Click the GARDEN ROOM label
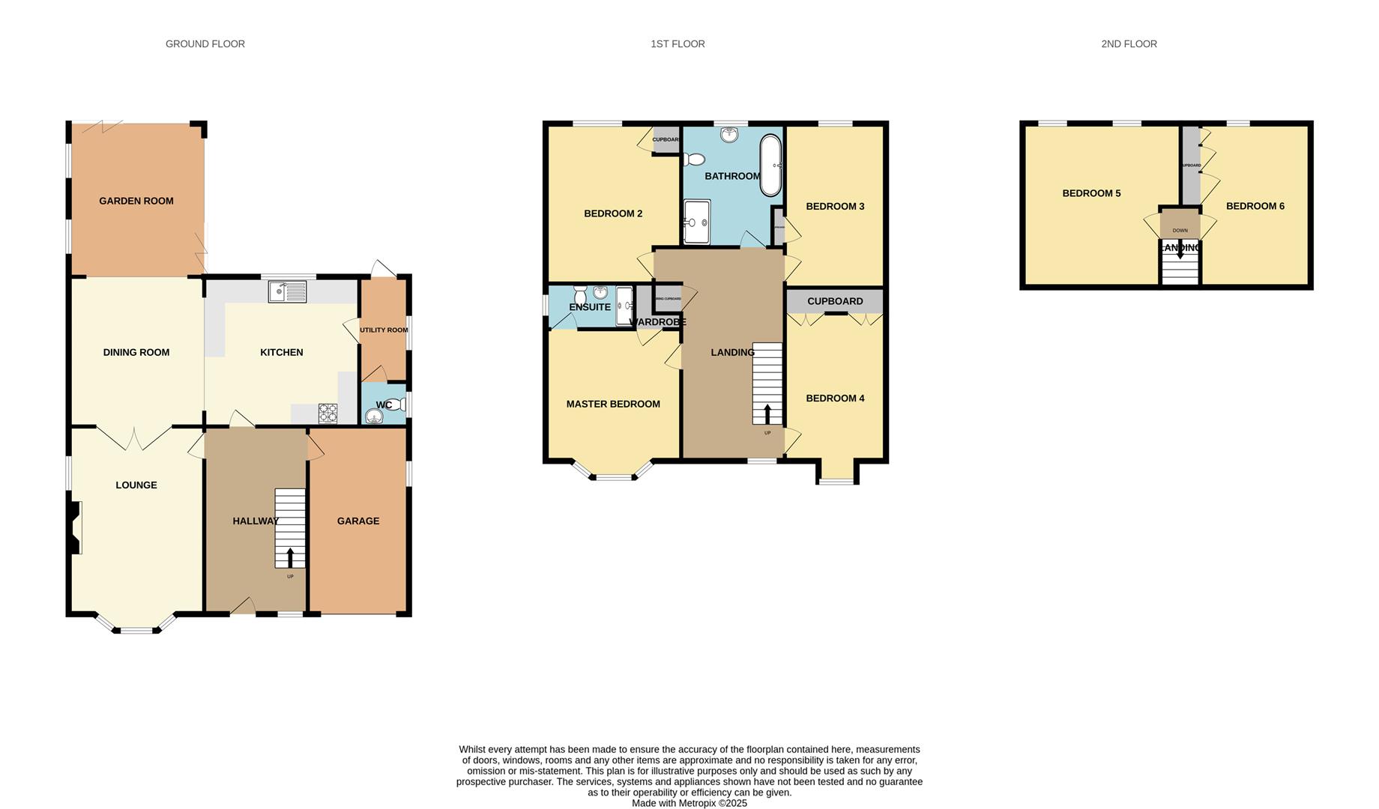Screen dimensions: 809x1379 tap(136, 201)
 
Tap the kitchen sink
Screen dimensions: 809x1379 tap(287, 291)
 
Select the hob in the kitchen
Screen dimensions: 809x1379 tap(328, 413)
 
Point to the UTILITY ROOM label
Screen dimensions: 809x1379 tap(384, 330)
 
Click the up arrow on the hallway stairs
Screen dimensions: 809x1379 tap(290, 557)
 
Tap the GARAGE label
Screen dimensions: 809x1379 tap(357, 521)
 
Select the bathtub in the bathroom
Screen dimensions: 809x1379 tap(770, 165)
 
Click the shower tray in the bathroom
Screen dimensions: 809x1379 tap(697, 222)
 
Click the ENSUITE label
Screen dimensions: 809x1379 tap(590, 307)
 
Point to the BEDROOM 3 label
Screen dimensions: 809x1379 tap(835, 206)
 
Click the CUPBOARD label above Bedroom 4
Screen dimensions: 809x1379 tap(835, 301)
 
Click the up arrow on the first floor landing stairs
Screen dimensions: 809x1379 tap(767, 413)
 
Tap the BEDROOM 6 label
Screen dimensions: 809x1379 tap(1255, 206)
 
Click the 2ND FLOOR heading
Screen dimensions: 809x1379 tap(1129, 44)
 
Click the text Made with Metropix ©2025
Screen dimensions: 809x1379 tap(689, 803)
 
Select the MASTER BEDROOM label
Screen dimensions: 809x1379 tap(613, 404)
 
